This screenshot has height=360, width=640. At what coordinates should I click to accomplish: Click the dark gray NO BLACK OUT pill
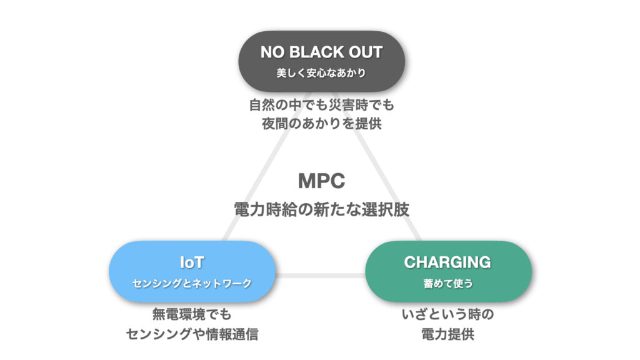(x=322, y=61)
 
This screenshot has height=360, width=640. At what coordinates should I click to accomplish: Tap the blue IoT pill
(x=192, y=271)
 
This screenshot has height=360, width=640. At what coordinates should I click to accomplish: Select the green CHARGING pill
(x=448, y=271)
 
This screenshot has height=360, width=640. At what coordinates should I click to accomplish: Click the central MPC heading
(x=322, y=181)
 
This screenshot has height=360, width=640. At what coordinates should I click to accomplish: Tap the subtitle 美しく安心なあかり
(x=321, y=73)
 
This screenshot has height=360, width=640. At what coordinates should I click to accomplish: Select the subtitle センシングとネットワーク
(x=192, y=283)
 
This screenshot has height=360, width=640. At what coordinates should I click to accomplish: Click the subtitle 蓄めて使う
(x=448, y=283)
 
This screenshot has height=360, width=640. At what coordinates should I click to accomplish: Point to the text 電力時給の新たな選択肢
(x=322, y=209)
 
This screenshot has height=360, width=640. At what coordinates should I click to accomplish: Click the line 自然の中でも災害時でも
(x=322, y=105)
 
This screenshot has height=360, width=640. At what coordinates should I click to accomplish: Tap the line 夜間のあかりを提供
(x=322, y=123)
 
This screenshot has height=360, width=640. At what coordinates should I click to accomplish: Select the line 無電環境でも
(x=192, y=314)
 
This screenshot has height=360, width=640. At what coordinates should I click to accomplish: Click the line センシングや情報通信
(x=192, y=334)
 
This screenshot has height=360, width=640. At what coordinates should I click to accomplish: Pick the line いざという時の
(x=447, y=314)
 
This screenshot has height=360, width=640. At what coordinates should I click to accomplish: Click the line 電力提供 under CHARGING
(x=447, y=334)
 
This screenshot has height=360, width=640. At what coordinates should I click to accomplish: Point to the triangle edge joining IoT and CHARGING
(x=321, y=276)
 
